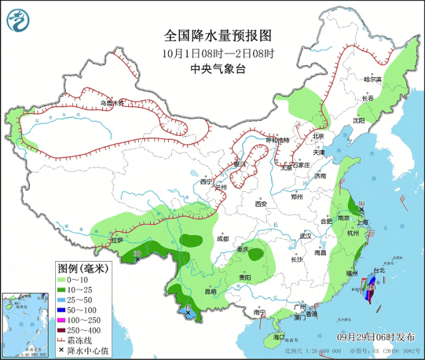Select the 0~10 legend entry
[74, 280]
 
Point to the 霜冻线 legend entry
[74, 340]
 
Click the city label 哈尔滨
[373, 79]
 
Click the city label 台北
[379, 270]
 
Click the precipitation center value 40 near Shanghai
[361, 204]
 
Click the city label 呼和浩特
[278, 140]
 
